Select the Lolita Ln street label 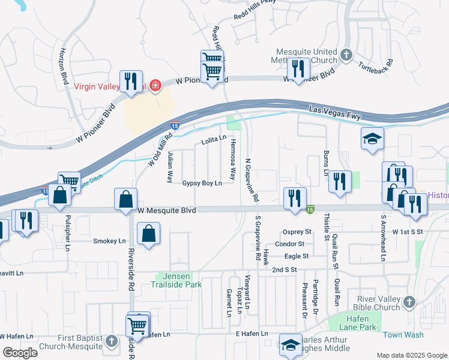[213, 139]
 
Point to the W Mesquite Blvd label [167, 210]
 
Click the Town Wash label [403, 335]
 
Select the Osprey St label [297, 232]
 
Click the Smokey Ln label [110, 241]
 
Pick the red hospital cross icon [155, 86]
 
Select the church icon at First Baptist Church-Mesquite [112, 341]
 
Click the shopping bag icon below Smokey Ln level [148, 234]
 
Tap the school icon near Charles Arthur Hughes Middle [291, 344]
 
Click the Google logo [20, 352]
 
